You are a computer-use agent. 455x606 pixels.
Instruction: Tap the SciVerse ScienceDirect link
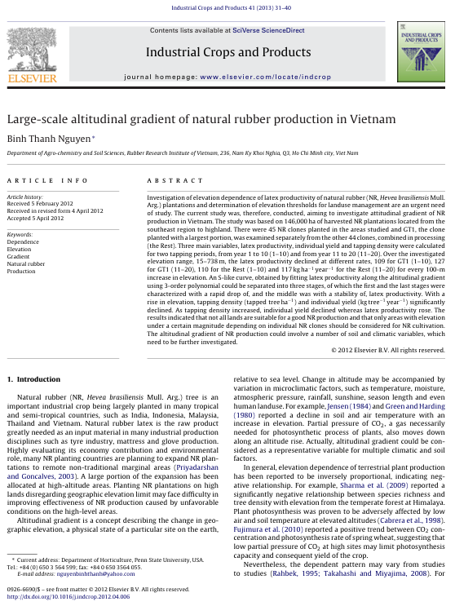pyautogui.click(x=268, y=31)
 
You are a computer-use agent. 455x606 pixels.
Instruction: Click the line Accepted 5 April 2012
pyautogui.click(x=35, y=218)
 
